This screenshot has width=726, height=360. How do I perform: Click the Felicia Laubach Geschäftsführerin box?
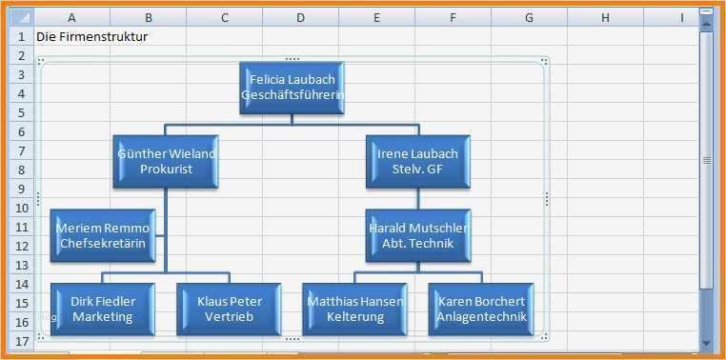coord(292,88)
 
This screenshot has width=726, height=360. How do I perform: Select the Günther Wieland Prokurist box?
coord(166,161)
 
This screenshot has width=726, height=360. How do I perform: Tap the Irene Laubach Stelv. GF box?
coord(417,161)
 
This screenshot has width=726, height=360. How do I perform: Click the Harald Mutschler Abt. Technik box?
coord(417,235)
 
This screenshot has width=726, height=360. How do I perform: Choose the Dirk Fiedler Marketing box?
coord(103,309)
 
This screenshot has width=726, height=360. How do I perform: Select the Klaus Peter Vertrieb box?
coord(229,309)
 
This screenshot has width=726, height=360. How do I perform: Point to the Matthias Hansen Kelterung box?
coord(354,309)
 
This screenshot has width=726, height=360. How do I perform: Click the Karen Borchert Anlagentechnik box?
coord(480,309)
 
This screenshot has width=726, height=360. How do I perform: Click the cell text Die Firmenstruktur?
coord(91,36)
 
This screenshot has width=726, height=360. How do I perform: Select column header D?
coord(300,17)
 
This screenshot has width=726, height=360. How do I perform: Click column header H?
coord(605,17)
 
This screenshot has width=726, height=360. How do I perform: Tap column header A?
coord(72,17)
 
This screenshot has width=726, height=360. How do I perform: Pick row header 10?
coord(19,208)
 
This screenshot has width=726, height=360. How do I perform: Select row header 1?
coord(19,36)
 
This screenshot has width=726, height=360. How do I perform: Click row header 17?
coord(19,341)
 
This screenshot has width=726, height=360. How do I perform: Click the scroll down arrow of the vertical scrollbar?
coord(706,343)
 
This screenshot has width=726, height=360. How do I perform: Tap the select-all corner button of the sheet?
coord(19,17)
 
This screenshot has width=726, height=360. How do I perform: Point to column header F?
coord(453,17)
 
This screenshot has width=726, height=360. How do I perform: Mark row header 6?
coord(19,131)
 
